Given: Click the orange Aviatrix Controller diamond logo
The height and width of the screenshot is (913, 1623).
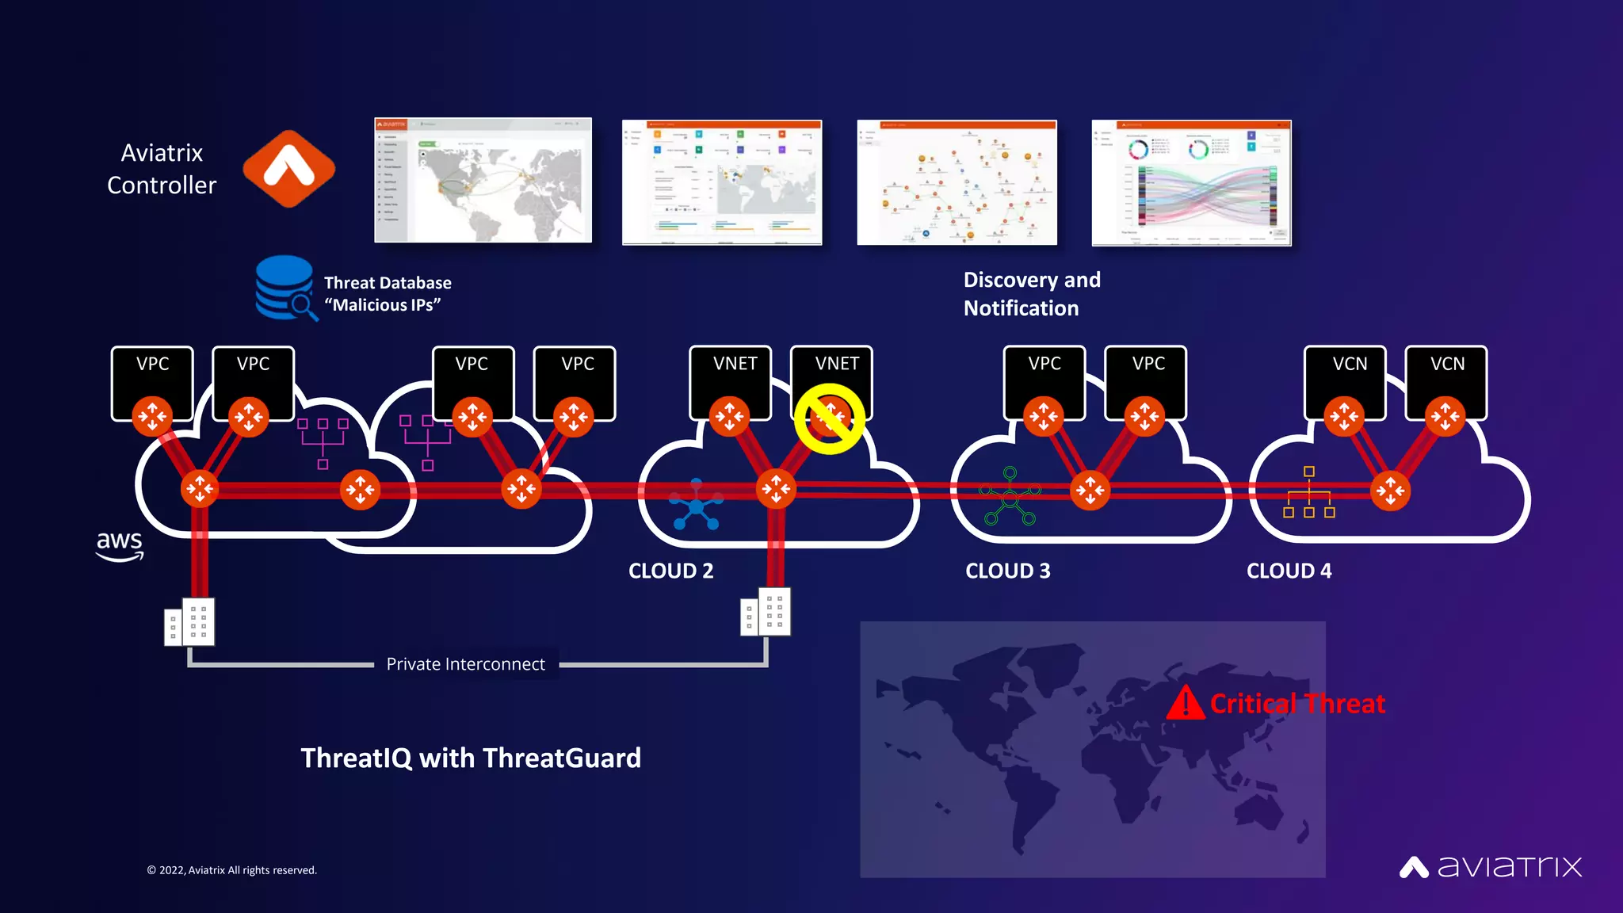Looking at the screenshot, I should coord(288,169).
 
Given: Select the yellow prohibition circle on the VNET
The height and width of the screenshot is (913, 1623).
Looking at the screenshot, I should coord(829,419).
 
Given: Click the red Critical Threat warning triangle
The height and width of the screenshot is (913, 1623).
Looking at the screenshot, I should coord(1186,702).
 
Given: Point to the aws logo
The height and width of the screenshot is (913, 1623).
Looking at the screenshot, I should coord(120,545).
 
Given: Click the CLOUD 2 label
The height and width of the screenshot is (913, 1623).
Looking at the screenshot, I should coord(670,571).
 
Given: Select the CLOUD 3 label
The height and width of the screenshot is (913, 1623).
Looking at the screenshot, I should coord(1007,571).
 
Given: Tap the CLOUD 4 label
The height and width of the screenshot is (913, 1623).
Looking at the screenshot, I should coord(1289,571).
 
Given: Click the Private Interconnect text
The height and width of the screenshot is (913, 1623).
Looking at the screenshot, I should coord(465,664).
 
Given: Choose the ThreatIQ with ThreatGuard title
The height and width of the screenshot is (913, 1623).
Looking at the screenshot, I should coord(471,758).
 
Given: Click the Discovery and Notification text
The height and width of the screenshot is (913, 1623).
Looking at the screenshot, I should coord(1032,294).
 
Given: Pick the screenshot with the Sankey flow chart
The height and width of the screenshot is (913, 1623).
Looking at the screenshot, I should coord(1191,183).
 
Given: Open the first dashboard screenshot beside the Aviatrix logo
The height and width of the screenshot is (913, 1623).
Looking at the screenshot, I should coord(483,181).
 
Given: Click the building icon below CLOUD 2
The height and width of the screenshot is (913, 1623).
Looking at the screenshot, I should coord(766,612).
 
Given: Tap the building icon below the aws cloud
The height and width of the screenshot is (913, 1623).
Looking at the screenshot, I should coord(189,622).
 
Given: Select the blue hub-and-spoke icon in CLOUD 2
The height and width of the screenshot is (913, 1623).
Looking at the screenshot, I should coord(696,505).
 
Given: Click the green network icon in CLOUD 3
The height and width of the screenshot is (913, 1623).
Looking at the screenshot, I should coord(1009,497).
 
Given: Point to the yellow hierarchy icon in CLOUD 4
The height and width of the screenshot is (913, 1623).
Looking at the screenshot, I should coord(1308,493).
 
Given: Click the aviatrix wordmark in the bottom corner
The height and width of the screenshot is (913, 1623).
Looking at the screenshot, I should coord(1490,866).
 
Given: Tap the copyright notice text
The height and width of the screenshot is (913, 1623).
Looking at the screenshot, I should coord(231,870).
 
